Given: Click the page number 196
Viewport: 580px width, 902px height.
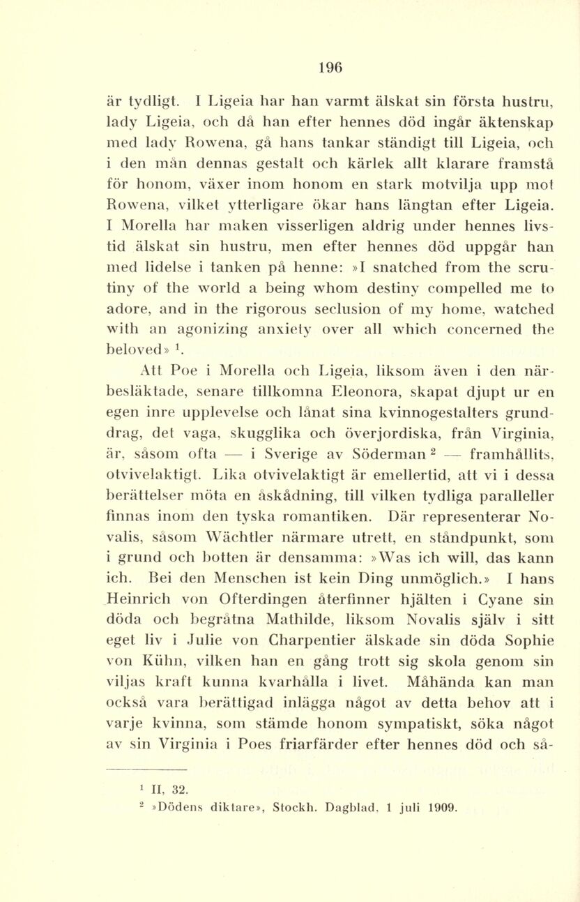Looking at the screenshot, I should tap(330, 68).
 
